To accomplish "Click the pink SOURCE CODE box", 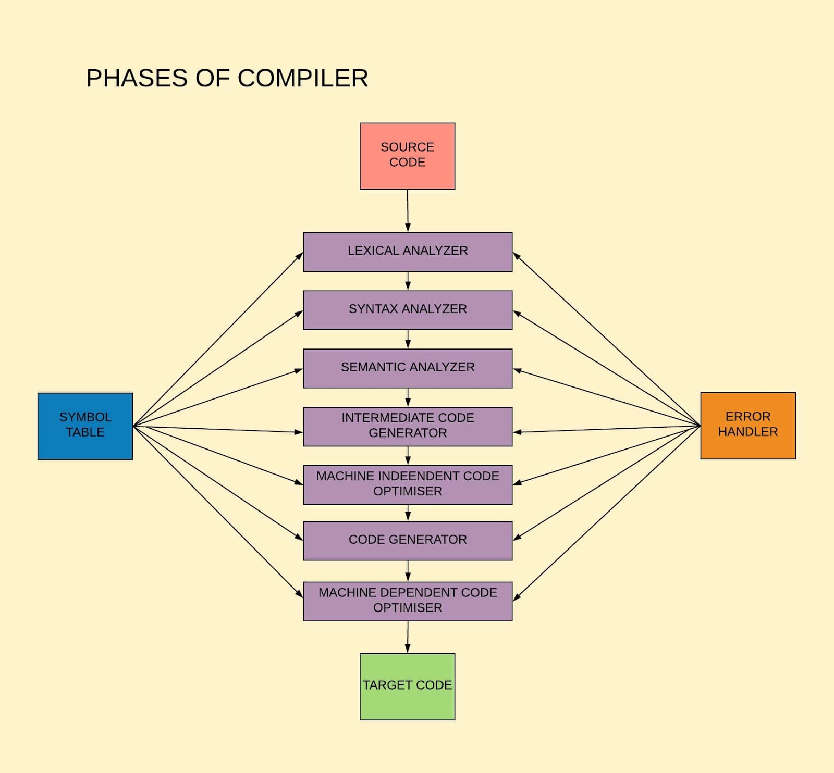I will [407, 156].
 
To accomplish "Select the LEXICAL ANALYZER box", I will [408, 252].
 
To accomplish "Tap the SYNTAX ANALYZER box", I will [408, 310].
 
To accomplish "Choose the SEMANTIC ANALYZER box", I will [408, 368].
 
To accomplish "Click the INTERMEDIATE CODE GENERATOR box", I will [408, 426].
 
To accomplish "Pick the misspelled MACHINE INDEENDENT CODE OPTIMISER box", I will [408, 484].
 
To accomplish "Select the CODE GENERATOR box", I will [408, 541].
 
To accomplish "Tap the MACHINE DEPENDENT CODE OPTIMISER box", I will [408, 601].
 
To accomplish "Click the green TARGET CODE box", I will [407, 687].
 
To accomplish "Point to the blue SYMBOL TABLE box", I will [85, 426].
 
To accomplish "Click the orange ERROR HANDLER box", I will [747, 426].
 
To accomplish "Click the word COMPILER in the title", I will [303, 79].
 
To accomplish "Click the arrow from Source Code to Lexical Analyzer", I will [408, 210].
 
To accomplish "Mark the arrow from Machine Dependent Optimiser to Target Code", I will [408, 637].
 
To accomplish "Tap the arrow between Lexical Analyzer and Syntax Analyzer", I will [408, 281].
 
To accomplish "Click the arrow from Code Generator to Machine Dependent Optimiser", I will [408, 571].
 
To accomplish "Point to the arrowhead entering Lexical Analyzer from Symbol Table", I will [300, 256].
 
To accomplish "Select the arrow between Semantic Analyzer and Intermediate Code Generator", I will [408, 397].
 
